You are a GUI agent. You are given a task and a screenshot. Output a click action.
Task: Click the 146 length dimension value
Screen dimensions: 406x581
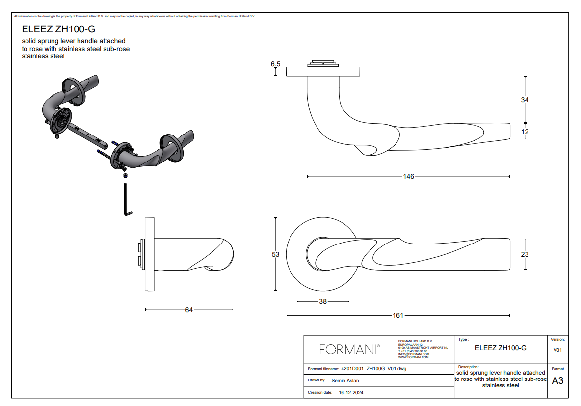tap(408, 176)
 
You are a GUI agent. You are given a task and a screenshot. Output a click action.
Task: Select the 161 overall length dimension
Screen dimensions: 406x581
tap(398, 315)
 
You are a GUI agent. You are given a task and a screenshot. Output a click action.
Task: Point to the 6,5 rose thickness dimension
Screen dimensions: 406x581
tap(275, 64)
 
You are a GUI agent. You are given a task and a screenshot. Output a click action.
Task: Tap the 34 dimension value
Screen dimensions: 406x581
tap(525, 100)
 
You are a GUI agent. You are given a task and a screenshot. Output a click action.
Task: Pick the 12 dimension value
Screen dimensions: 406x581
tap(525, 132)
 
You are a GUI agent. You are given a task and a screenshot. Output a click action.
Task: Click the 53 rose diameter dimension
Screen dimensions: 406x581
tap(276, 254)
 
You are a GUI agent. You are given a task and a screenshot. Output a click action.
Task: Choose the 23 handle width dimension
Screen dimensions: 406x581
tap(525, 254)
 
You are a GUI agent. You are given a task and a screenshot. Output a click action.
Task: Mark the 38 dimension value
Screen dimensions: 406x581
tap(323, 302)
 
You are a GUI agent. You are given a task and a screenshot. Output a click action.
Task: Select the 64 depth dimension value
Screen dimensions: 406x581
tap(189, 310)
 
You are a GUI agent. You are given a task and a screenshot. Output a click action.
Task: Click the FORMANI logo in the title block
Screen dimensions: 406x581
tap(349, 349)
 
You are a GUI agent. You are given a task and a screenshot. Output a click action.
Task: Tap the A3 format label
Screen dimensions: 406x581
tap(557, 381)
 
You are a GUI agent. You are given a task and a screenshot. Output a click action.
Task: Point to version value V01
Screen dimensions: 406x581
tap(557, 350)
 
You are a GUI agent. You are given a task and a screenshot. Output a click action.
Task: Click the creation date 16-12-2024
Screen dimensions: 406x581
tap(351, 393)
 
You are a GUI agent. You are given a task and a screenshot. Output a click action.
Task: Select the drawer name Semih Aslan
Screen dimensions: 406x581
tap(345, 380)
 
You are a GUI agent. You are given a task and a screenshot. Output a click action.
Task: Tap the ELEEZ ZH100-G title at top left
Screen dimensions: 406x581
tap(58, 29)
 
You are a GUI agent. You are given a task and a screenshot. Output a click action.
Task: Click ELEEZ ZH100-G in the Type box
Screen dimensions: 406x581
tap(501, 348)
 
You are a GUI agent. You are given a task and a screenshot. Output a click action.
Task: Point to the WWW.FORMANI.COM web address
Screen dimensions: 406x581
tap(413, 357)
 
